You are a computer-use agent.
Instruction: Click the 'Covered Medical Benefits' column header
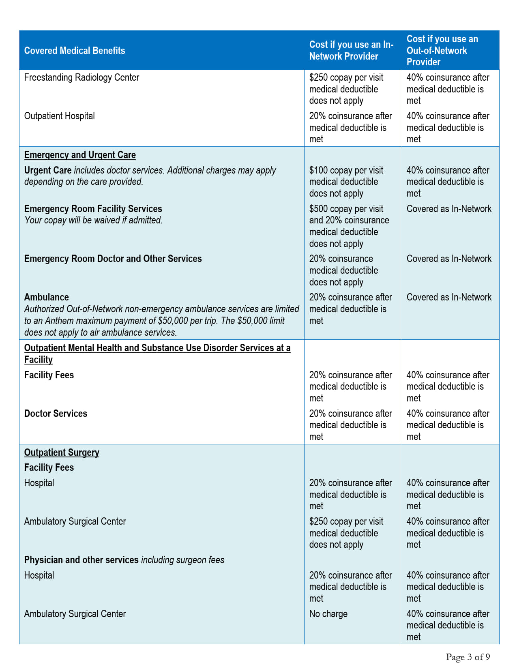tap(75, 51)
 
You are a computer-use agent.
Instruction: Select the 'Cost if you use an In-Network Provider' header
tap(351, 50)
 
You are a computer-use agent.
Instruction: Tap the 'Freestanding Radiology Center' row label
tap(82, 77)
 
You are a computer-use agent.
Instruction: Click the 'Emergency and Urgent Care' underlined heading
tap(80, 155)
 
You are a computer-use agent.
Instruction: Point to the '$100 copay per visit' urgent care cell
tap(346, 170)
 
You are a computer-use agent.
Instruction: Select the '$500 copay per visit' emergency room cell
tap(346, 209)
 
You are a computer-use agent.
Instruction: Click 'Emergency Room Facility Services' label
tap(93, 209)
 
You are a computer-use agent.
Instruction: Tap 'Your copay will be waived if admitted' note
tap(93, 220)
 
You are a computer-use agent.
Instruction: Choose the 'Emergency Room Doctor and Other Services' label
tap(113, 259)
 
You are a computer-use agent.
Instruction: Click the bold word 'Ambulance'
tap(47, 297)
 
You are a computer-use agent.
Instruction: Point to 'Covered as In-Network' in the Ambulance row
tap(449, 297)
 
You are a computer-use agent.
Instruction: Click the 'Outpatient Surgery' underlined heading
tap(62, 452)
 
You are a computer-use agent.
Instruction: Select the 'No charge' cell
tap(328, 614)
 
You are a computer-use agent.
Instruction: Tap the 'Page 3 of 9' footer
tap(468, 657)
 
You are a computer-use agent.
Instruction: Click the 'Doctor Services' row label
tap(56, 414)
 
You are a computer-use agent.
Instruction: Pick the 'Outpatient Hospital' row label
tap(60, 116)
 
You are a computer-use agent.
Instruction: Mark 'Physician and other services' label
tap(81, 560)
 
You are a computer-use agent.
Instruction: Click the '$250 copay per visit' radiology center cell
tap(346, 77)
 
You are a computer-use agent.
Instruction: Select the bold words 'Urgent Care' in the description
tap(48, 170)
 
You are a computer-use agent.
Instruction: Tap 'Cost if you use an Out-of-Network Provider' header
tap(442, 50)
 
